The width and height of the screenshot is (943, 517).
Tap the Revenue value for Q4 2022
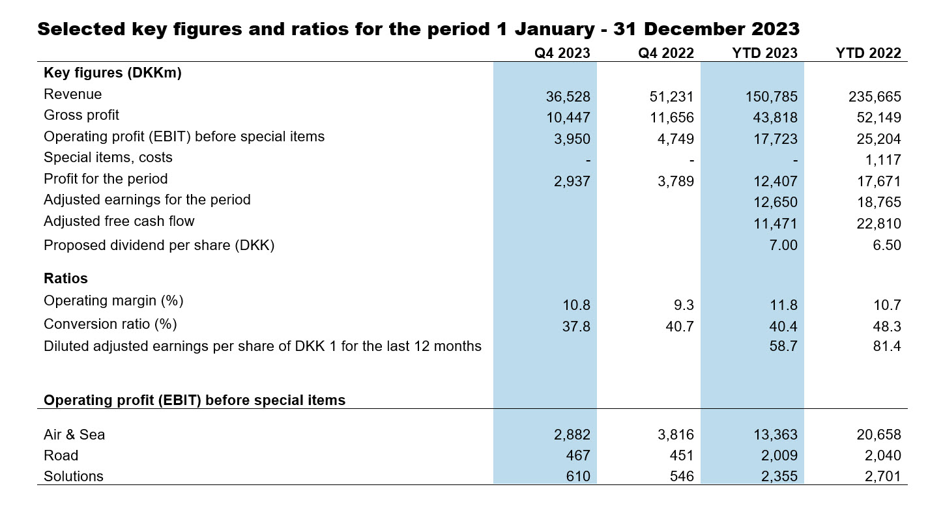click(x=671, y=97)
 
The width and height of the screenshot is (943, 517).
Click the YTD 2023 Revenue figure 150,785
click(x=771, y=97)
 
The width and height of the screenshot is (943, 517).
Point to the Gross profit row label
click(x=81, y=115)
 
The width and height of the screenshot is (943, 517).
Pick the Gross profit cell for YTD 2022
click(x=877, y=118)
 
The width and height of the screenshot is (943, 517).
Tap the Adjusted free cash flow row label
click(x=119, y=221)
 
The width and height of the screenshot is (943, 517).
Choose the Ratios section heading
click(x=66, y=278)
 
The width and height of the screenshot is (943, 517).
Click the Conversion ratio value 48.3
click(x=887, y=326)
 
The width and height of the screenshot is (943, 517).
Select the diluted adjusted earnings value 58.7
click(x=783, y=346)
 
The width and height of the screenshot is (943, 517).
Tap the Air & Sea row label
click(x=74, y=434)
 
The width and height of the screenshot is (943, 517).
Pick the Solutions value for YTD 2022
click(x=882, y=477)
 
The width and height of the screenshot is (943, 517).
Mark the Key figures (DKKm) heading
click(x=112, y=73)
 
